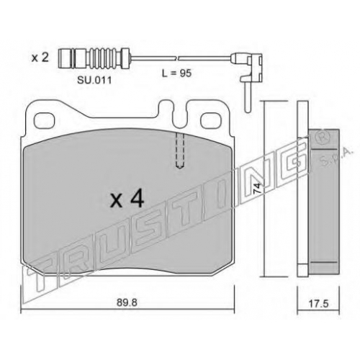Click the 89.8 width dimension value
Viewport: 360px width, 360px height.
coord(127,302)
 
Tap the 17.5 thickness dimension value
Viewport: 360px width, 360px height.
coord(318,304)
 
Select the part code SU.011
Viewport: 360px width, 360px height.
coord(94,81)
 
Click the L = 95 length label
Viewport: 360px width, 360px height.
coord(177,73)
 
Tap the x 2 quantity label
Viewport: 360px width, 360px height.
coord(40,58)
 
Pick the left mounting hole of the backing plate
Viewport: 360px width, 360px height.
coord(44,120)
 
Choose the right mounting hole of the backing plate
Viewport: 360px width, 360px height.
coord(210,120)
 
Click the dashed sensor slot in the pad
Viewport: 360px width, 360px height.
coord(180,150)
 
